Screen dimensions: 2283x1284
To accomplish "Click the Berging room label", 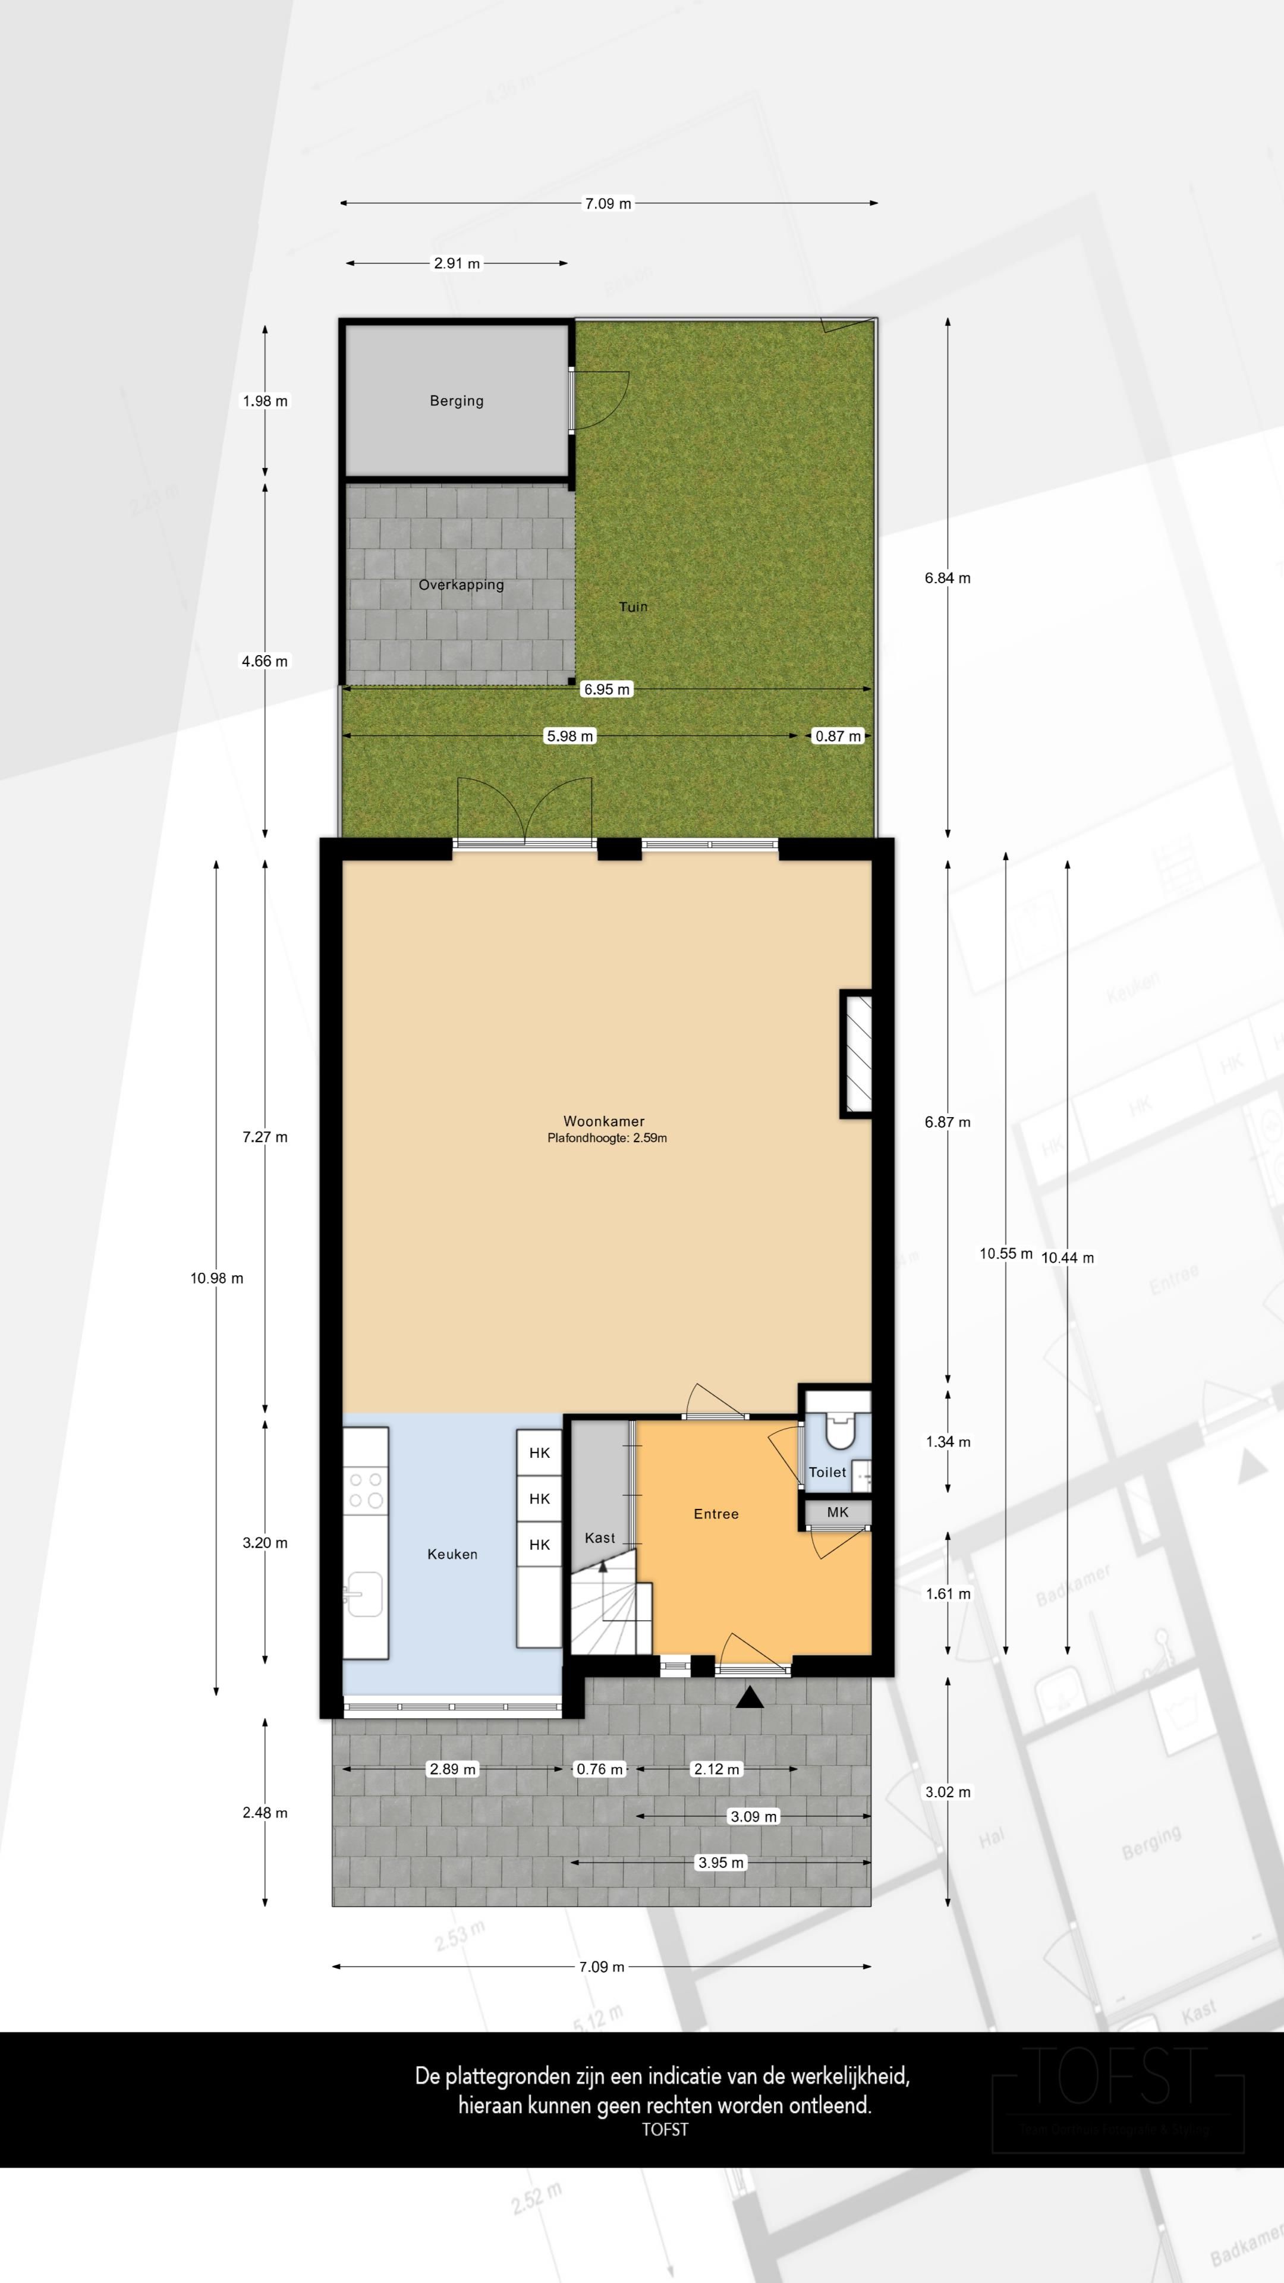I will pyautogui.click(x=457, y=401).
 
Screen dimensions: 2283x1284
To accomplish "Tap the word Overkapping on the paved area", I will pyautogui.click(x=461, y=585).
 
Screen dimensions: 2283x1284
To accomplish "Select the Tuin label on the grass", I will pyautogui.click(x=632, y=607).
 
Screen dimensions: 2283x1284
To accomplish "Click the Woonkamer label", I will pyautogui.click(x=603, y=1121).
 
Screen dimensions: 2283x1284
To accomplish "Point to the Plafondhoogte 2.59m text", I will pyautogui.click(x=607, y=1138).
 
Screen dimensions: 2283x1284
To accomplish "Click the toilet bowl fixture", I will pyautogui.click(x=838, y=1429).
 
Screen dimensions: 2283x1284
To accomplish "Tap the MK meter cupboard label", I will pyautogui.click(x=838, y=1512).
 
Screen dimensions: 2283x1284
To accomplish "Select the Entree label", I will pyautogui.click(x=716, y=1514).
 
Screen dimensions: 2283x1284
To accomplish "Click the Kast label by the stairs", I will pyautogui.click(x=599, y=1537).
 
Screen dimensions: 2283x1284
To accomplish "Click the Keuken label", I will pyautogui.click(x=452, y=1554).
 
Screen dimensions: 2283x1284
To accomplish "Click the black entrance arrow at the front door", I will pyautogui.click(x=750, y=1697).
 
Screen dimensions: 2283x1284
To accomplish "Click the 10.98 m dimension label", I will pyautogui.click(x=216, y=1278).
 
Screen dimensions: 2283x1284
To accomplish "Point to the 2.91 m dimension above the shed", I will pyautogui.click(x=457, y=263).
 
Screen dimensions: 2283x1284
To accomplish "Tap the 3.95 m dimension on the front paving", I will pyautogui.click(x=720, y=1862).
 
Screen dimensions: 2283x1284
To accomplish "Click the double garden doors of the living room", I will pyautogui.click(x=524, y=811).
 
